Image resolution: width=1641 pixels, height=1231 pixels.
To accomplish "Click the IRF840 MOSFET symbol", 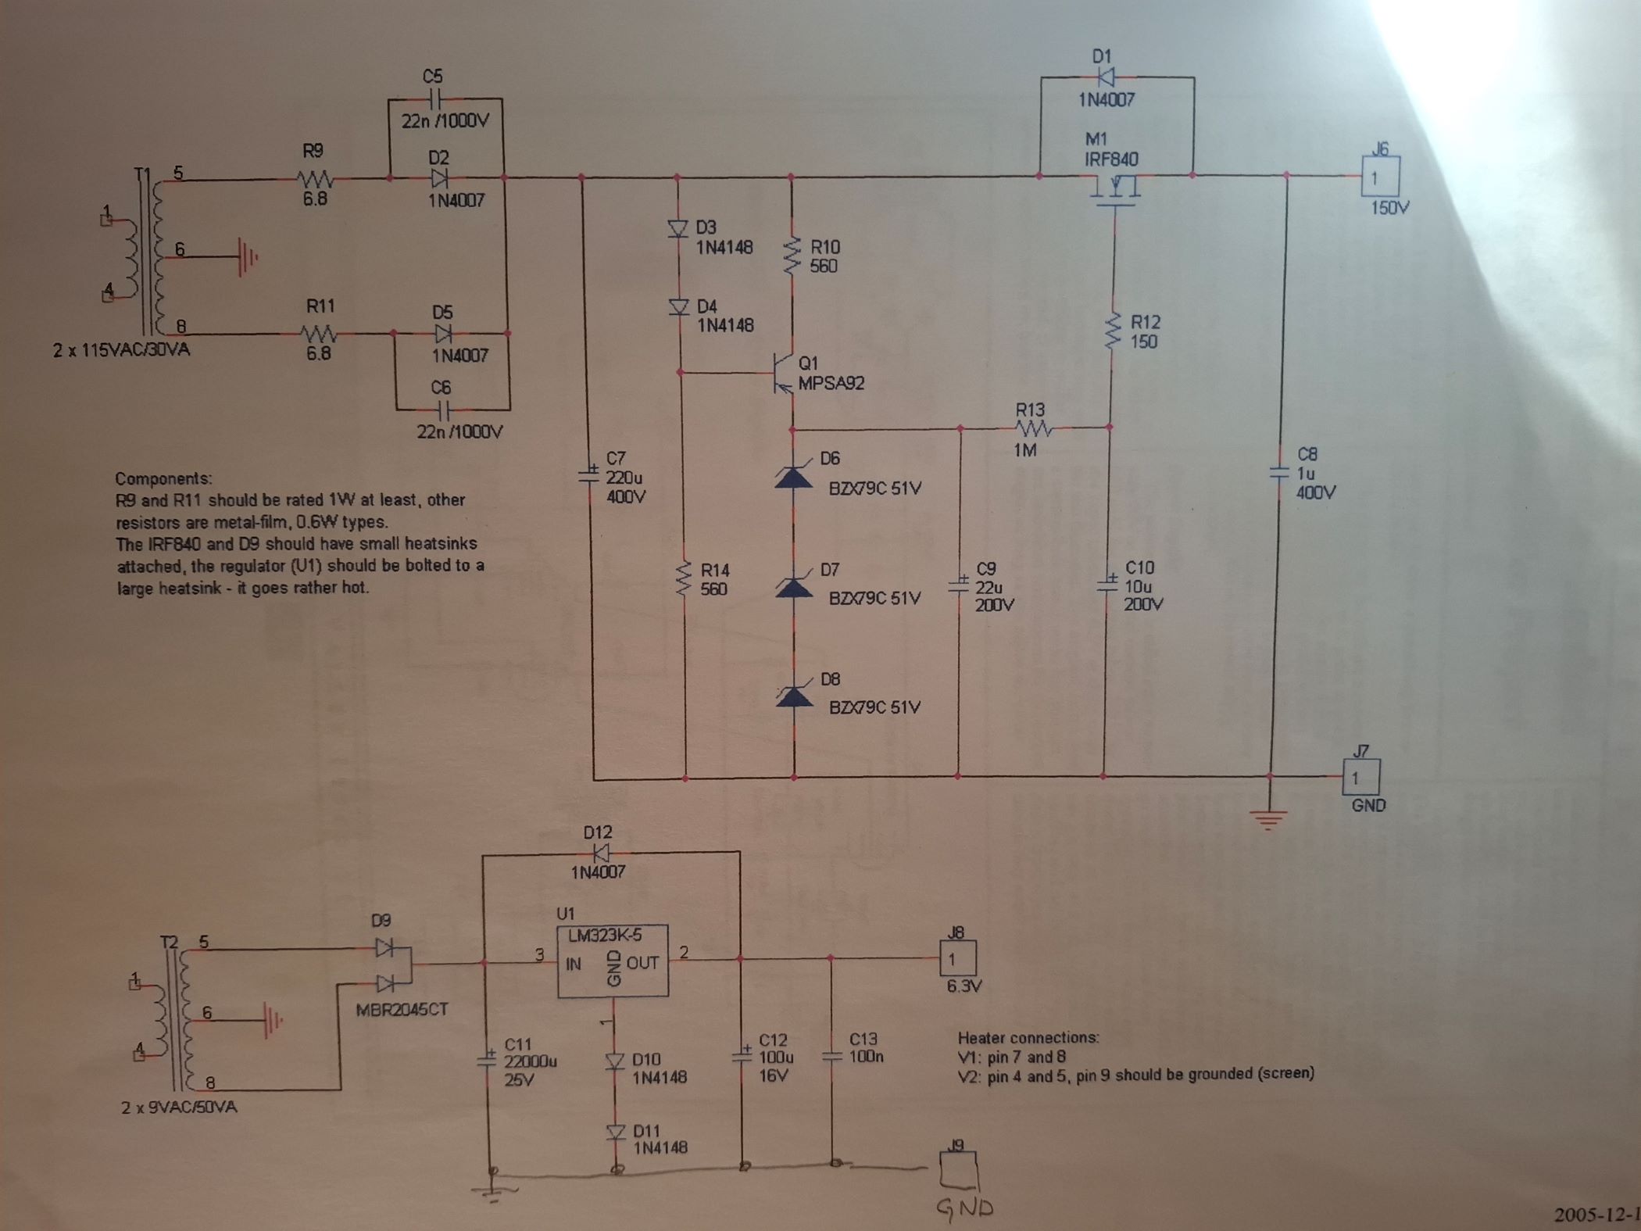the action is [x=1114, y=192].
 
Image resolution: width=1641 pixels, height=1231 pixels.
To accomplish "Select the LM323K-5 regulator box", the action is [x=613, y=961].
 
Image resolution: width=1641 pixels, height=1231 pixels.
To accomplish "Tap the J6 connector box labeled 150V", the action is [x=1381, y=177].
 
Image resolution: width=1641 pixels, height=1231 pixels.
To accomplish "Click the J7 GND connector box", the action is [x=1361, y=777].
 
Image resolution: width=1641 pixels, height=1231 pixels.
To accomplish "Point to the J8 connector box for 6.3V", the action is [x=957, y=957].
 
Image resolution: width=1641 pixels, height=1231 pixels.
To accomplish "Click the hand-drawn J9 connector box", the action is [x=959, y=1170].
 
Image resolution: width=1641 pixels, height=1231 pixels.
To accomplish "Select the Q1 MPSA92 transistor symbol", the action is [x=781, y=373].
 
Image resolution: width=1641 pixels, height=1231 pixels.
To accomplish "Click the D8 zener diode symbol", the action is [x=794, y=695].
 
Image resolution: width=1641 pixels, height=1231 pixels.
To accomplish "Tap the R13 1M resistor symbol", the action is [x=1033, y=428].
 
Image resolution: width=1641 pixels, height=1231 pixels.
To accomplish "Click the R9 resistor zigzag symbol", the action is [x=316, y=179].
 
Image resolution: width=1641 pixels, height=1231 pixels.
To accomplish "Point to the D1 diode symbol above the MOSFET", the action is [x=1107, y=77].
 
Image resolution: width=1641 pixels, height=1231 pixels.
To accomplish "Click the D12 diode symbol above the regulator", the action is [x=601, y=852].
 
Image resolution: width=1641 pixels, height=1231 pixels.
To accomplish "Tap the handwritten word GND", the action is [x=965, y=1208].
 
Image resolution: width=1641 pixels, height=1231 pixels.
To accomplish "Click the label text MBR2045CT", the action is [x=402, y=1009].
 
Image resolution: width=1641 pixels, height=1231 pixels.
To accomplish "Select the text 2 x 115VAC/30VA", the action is [x=121, y=349].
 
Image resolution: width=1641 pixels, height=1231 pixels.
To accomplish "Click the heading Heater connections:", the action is [x=1028, y=1038].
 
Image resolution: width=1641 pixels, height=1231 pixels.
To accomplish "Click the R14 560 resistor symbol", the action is [x=685, y=578].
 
